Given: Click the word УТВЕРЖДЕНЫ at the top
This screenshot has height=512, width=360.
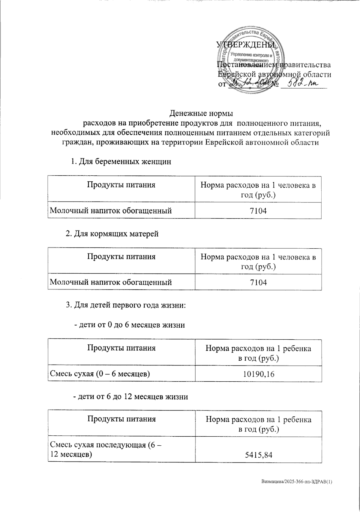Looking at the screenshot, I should [246, 44].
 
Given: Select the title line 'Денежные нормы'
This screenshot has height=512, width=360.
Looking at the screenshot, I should [201, 114].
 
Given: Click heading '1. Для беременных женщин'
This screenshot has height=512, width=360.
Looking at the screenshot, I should [121, 162].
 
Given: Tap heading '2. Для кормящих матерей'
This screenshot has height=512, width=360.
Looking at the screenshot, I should [112, 234].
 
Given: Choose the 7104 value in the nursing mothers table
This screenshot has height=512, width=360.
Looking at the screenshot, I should [258, 283].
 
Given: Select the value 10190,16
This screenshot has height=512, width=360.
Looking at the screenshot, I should [258, 374].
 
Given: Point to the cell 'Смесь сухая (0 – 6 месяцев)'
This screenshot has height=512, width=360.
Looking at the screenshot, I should [100, 374].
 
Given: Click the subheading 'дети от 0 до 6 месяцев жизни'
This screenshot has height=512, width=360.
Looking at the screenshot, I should [129, 325].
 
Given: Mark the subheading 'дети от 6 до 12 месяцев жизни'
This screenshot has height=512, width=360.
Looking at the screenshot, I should [131, 397].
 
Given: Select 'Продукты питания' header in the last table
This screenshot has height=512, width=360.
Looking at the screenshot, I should [121, 419].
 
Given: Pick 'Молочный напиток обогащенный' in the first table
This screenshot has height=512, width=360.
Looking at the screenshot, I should [110, 211].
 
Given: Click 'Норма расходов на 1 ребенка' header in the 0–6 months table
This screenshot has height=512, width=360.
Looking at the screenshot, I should [258, 348].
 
